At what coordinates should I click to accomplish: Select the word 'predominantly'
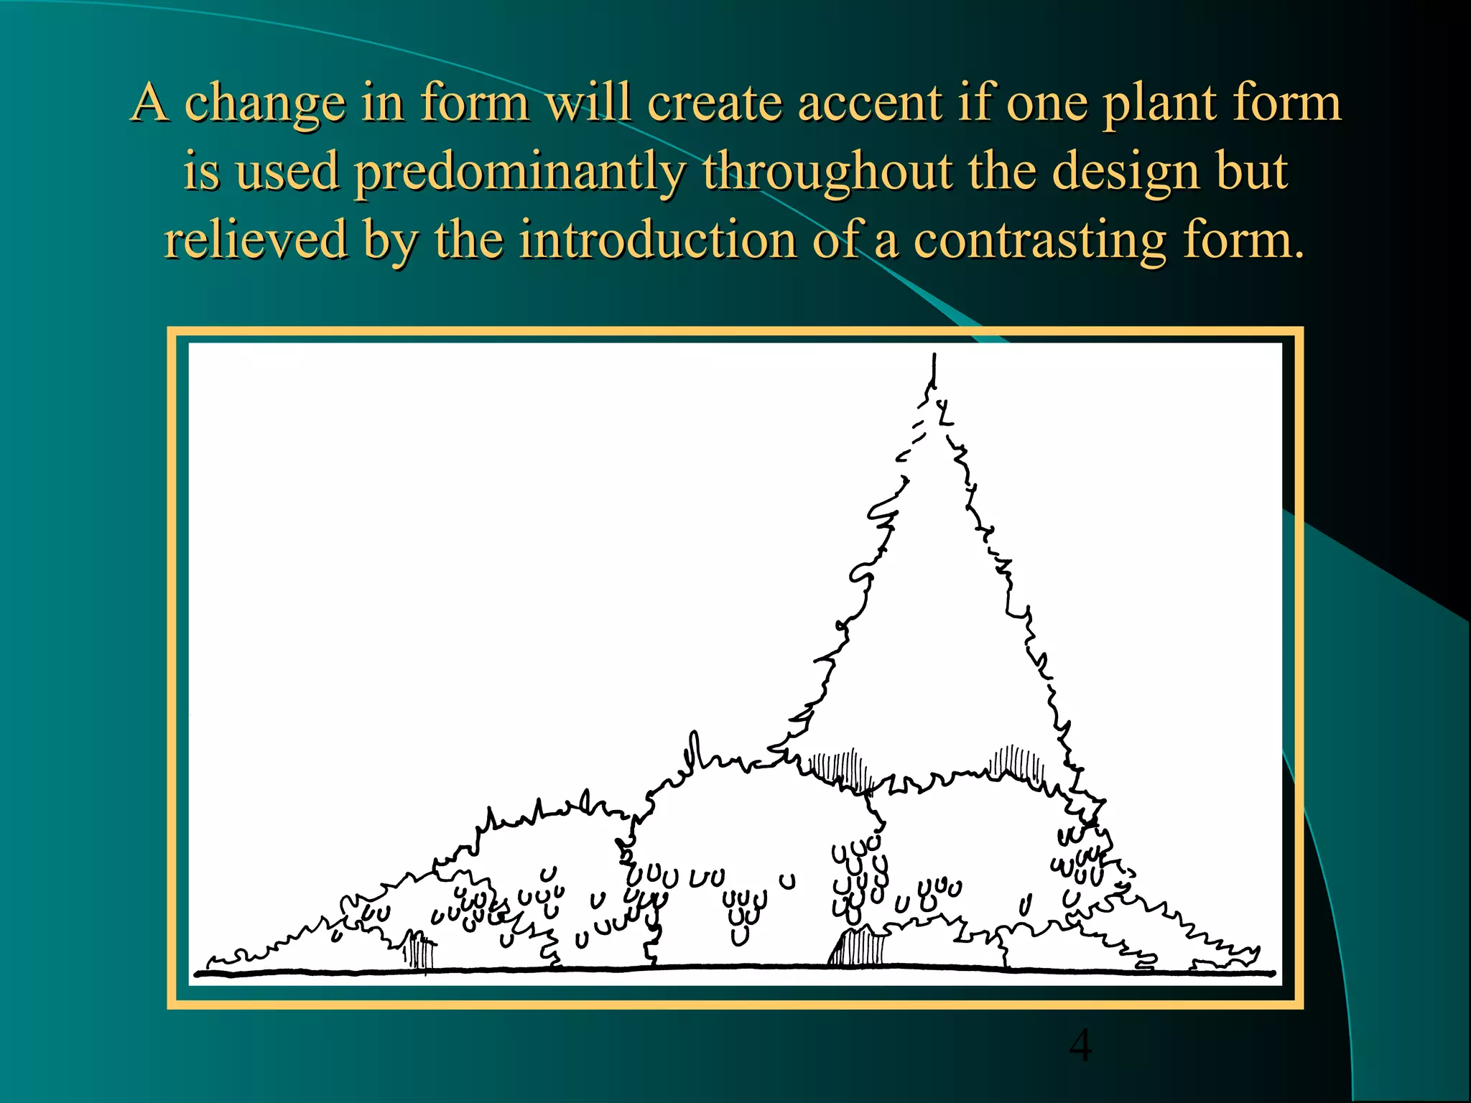tap(520, 172)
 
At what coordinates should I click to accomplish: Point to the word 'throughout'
tap(827, 172)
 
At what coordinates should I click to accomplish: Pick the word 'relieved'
tap(256, 241)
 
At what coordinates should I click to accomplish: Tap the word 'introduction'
tap(657, 241)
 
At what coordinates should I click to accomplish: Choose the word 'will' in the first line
tap(588, 103)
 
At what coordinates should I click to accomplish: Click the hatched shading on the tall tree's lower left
tap(840, 767)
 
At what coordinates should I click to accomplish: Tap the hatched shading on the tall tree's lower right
tap(1017, 763)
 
